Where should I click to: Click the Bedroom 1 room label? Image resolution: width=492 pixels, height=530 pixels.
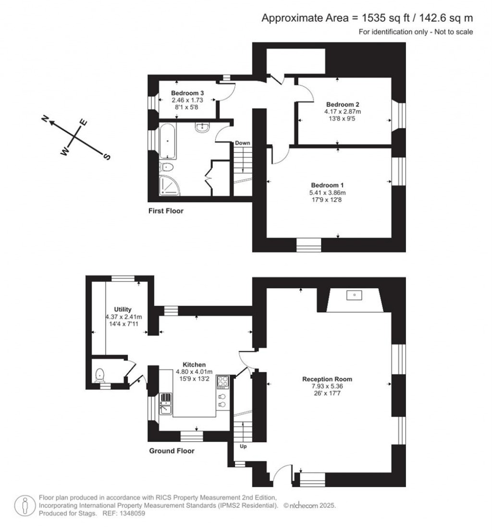[327, 185]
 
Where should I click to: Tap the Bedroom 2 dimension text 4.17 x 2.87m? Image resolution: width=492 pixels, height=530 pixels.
[343, 111]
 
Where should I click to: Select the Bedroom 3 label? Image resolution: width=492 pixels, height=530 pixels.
[187, 93]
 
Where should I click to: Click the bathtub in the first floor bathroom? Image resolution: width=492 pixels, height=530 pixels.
[168, 141]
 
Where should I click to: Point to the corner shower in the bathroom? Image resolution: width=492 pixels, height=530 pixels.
[170, 186]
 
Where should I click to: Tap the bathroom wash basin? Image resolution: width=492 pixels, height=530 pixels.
[202, 127]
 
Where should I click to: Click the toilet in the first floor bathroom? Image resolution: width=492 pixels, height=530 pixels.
[166, 167]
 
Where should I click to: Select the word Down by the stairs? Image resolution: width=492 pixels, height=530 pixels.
[243, 143]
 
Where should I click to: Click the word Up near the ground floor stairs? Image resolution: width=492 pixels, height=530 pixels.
[243, 446]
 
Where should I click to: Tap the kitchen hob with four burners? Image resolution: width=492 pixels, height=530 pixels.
[222, 382]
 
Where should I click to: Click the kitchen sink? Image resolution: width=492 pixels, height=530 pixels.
[166, 404]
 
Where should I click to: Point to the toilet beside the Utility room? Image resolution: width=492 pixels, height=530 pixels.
[99, 375]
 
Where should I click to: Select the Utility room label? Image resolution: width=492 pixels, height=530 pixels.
[123, 309]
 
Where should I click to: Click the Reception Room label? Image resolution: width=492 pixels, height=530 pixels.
[327, 379]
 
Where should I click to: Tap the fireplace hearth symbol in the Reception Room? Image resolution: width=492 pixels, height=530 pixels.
[354, 295]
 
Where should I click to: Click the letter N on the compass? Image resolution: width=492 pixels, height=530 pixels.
[45, 118]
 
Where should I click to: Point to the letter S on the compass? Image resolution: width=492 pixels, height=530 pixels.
[107, 157]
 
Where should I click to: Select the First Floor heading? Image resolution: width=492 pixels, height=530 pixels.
[166, 211]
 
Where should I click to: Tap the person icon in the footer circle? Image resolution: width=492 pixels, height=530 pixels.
[25, 506]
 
